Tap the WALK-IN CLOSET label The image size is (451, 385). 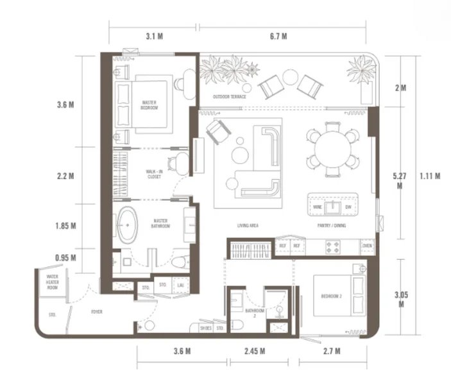(x=154, y=174)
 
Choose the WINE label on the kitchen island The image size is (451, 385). (x=317, y=207)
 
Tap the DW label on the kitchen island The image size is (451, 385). (x=347, y=207)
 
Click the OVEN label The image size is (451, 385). (x=367, y=246)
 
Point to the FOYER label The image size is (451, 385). (x=98, y=312)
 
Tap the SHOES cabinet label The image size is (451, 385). (x=204, y=328)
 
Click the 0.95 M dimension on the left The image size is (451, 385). (x=66, y=258)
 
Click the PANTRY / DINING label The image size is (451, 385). (x=332, y=226)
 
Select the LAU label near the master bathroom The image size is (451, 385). (x=181, y=284)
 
